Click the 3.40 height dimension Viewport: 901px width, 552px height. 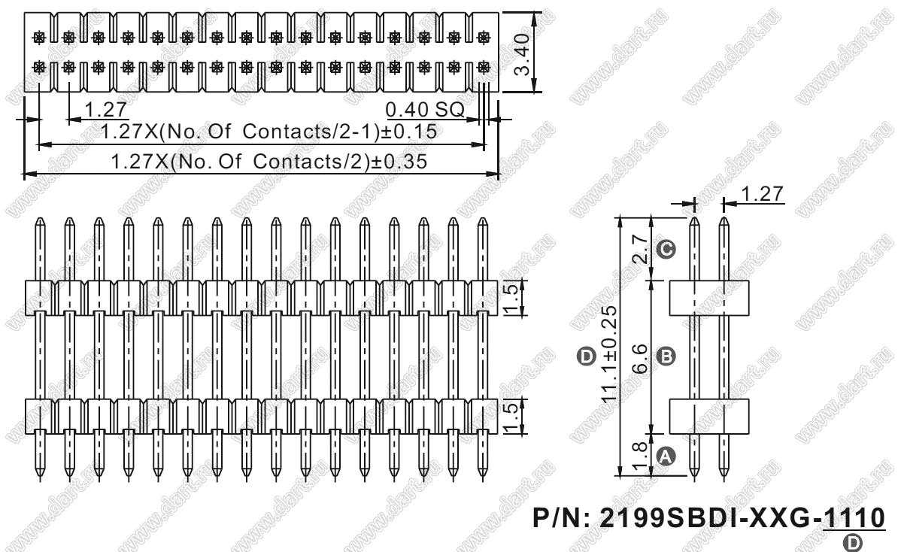point(523,55)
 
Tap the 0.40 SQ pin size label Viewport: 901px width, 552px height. point(425,109)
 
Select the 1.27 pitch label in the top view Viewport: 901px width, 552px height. point(106,109)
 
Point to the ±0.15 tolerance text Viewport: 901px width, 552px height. point(408,132)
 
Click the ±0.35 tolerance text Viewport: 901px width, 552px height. point(399,162)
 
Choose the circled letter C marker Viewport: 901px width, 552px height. point(666,249)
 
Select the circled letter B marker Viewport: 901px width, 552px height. point(666,356)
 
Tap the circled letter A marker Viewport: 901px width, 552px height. point(666,456)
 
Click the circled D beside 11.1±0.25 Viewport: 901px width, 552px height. point(586,356)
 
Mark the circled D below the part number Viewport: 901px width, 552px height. point(854,541)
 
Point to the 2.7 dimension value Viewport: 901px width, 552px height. point(639,249)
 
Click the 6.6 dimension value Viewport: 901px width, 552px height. point(639,357)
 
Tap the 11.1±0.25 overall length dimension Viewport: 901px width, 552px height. point(609,353)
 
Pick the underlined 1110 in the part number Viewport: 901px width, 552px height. point(854,518)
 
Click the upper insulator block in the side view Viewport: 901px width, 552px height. point(709,298)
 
